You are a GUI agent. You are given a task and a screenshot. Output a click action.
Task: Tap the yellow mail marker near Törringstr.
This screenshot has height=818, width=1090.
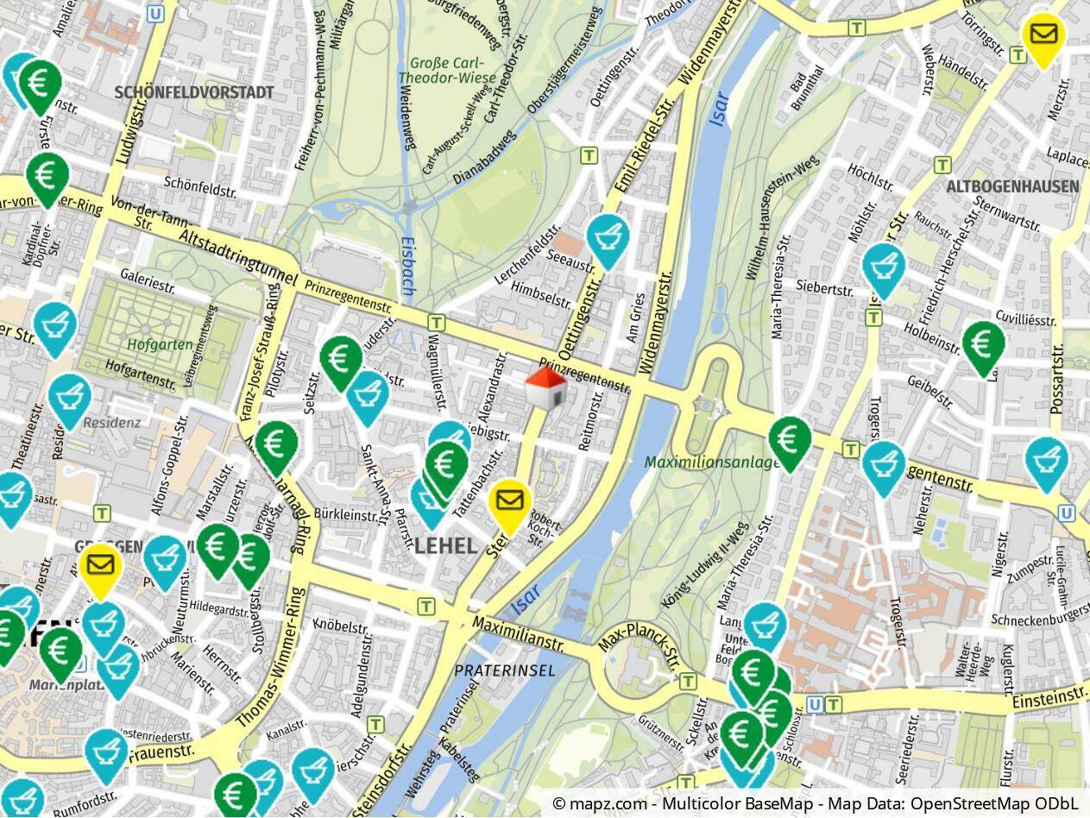click(x=1043, y=36)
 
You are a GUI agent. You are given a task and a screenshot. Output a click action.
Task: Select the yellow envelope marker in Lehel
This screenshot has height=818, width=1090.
click(x=509, y=501)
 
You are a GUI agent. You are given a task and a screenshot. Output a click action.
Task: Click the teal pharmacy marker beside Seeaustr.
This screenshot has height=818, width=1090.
click(x=608, y=237)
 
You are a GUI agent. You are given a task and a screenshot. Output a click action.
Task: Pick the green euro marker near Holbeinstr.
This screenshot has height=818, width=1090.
click(x=983, y=344)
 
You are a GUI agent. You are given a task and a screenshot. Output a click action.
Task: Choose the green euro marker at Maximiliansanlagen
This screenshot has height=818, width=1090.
click(x=790, y=440)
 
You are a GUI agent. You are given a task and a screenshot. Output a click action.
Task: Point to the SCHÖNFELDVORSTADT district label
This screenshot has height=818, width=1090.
click(x=193, y=92)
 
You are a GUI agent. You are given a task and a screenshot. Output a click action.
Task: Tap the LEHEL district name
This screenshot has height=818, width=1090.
click(x=445, y=546)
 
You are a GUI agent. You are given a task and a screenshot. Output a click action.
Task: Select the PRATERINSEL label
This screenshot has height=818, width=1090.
click(x=505, y=670)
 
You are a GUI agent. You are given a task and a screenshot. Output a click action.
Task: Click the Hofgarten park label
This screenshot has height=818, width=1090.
click(x=160, y=345)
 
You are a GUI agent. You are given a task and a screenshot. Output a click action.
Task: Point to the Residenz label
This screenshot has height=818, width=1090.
click(x=112, y=423)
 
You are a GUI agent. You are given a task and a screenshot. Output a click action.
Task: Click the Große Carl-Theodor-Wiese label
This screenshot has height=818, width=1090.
click(x=446, y=70)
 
